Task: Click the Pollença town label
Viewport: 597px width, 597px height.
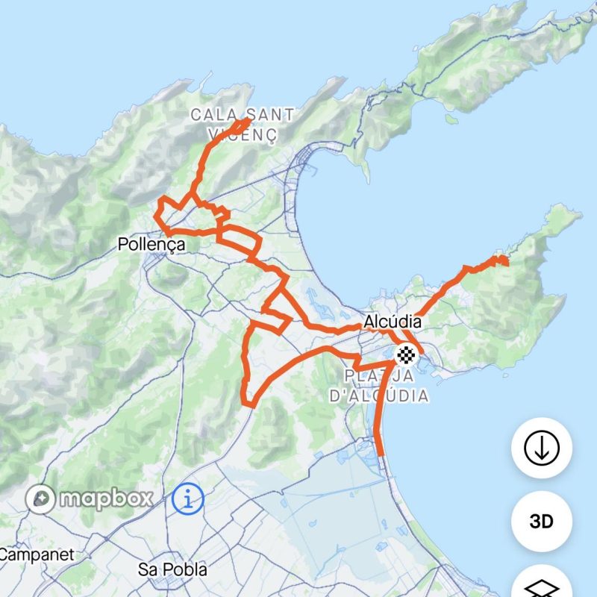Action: (x=151, y=244)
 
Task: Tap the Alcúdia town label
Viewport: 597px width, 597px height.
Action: (x=393, y=322)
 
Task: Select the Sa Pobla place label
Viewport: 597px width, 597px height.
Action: (x=173, y=569)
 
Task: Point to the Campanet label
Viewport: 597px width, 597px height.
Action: (x=36, y=554)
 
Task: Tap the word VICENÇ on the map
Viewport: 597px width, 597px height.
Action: (x=243, y=136)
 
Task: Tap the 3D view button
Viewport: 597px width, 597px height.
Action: (x=541, y=522)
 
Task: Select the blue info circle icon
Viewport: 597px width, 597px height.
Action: (x=188, y=498)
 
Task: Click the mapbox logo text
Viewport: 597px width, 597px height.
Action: (x=105, y=498)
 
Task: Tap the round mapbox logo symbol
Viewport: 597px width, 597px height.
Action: (x=40, y=498)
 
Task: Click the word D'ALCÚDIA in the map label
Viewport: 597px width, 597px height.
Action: (x=379, y=396)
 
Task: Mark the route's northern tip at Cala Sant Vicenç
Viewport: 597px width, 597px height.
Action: (x=246, y=119)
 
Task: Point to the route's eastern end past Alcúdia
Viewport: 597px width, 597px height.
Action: (x=505, y=260)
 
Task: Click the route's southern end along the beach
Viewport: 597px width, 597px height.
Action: (x=380, y=453)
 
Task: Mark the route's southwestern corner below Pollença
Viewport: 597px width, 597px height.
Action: (x=249, y=404)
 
